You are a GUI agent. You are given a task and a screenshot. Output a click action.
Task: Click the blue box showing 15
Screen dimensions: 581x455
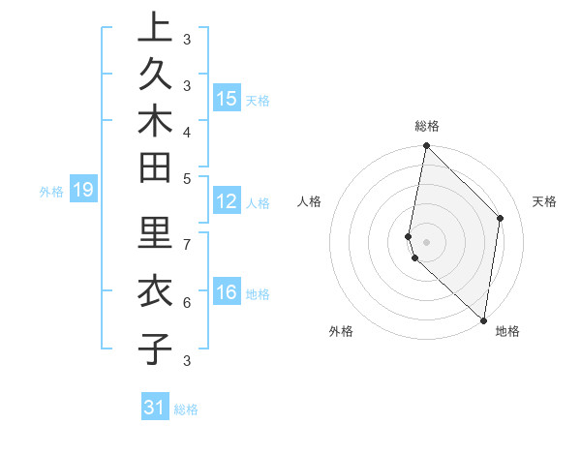(x=227, y=99)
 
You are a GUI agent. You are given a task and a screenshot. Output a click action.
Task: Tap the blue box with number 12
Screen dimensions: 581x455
(x=227, y=201)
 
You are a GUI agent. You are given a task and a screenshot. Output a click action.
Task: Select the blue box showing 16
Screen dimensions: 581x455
(x=227, y=292)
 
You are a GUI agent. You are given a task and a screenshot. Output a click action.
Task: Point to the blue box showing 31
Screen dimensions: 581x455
(x=155, y=408)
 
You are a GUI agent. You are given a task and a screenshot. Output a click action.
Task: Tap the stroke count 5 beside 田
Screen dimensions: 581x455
(x=186, y=179)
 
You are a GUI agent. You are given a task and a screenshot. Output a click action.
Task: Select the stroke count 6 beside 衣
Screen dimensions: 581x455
(x=186, y=302)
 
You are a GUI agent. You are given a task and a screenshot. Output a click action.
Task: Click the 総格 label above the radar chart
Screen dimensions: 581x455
(x=426, y=126)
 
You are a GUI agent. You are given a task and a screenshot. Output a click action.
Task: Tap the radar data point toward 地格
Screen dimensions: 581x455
(x=484, y=320)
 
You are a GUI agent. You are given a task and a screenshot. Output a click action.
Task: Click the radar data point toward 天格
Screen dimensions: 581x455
(x=501, y=218)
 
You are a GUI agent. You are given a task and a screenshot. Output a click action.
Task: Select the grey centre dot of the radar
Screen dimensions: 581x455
(x=426, y=241)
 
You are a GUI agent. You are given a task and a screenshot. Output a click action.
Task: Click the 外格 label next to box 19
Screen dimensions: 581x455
(x=51, y=192)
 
